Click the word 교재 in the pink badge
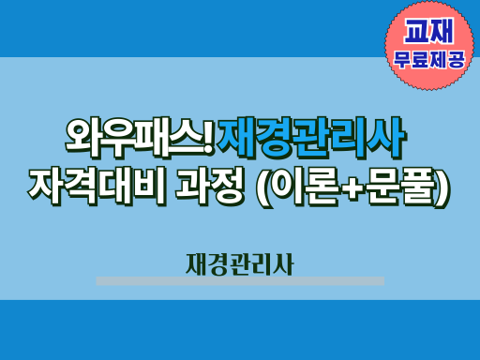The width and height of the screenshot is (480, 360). coord(428,31)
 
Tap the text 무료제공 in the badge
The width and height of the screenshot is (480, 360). coord(428,60)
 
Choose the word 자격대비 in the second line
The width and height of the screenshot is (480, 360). coord(97,187)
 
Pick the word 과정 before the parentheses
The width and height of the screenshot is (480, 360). coord(209,187)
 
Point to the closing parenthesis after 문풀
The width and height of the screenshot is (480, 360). coord(443,188)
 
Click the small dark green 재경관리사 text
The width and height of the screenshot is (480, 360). coord(240,264)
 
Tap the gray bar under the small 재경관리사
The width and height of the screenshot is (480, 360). coord(240,280)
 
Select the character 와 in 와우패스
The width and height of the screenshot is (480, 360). coord(82,138)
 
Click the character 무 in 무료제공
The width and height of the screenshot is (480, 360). coord(402,60)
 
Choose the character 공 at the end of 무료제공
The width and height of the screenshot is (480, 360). coord(457,60)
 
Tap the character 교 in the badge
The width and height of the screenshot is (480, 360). coord(416,31)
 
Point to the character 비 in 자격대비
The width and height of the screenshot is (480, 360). coord(150,187)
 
